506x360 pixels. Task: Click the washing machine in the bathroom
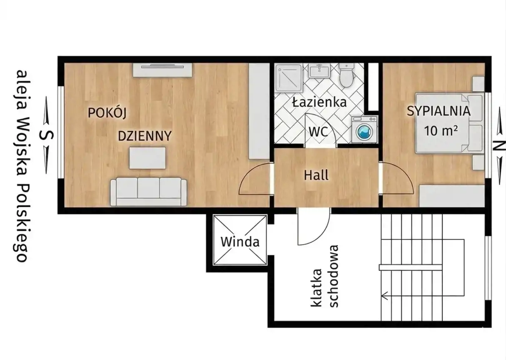coord(364,130)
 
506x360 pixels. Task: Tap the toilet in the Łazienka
coord(346,75)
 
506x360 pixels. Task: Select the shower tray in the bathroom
coord(289,78)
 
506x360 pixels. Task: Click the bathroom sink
coord(320,70)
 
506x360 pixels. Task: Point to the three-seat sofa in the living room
coord(149,192)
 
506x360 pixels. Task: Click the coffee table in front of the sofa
coord(147,158)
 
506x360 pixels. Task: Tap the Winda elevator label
coord(240,242)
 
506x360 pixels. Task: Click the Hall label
coord(316,175)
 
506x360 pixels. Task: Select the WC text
coord(319,132)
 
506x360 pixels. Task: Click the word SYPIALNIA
coord(439,111)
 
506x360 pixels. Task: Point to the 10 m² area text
coord(441,130)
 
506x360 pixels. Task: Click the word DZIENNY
coord(145,136)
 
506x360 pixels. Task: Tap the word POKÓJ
coord(107,112)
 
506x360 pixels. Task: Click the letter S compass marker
coord(46,135)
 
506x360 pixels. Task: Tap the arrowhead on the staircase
coord(384,295)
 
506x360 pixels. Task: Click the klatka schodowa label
coord(324,276)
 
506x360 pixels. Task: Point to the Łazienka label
coord(319,102)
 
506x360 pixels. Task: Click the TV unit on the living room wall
coord(162,70)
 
